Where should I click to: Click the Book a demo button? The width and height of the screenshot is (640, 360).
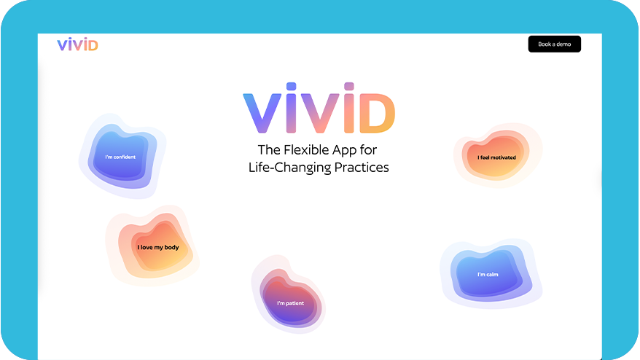tap(554, 44)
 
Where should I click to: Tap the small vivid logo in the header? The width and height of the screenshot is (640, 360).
tap(77, 44)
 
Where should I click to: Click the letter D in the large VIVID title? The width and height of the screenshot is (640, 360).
tap(377, 114)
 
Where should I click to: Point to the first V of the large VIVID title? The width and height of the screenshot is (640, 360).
tap(262, 114)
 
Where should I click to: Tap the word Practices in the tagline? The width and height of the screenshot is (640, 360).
tap(362, 168)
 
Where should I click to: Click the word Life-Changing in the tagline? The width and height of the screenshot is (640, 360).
tap(290, 168)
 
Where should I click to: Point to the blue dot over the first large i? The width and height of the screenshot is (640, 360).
tap(291, 86)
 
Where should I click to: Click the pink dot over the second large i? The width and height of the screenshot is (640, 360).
tap(349, 86)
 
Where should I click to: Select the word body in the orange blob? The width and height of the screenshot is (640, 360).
tap(171, 247)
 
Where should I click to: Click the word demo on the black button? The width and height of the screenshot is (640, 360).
tap(563, 44)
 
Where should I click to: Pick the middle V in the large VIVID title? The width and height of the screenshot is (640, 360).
tap(320, 114)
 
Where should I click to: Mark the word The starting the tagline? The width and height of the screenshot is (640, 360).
tap(269, 150)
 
